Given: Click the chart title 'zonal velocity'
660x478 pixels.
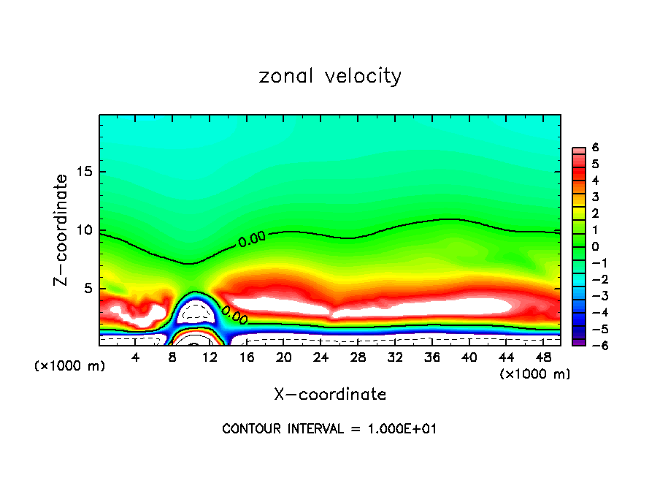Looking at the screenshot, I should click(330, 76).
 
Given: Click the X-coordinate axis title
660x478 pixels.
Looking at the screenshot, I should click(330, 394).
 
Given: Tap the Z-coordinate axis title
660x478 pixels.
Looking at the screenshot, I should click(62, 229).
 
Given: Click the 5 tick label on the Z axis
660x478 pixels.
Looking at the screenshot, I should click(88, 289).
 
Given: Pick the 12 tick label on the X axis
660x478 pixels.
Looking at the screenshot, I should click(210, 357).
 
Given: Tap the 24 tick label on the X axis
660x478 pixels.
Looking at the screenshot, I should click(321, 357).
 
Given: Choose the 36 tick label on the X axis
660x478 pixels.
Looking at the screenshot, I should click(431, 357).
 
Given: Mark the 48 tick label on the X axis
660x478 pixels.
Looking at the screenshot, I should click(542, 357).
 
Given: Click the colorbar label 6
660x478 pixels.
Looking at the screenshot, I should click(595, 148).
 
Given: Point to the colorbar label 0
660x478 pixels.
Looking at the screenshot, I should click(595, 246).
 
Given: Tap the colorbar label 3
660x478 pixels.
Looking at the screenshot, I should click(595, 197).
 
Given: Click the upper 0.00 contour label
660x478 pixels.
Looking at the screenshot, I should click(252, 238).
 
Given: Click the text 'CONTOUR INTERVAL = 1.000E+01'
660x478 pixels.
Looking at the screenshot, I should click(329, 428).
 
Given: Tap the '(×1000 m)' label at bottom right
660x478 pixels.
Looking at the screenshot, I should click(534, 374).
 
